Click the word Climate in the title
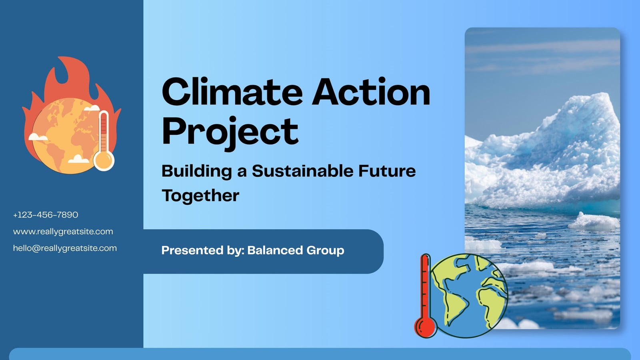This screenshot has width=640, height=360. [232, 92]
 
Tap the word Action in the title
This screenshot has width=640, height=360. [371, 92]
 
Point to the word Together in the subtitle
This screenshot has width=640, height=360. [200, 196]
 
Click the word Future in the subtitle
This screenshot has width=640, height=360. [387, 171]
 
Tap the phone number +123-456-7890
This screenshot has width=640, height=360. [46, 215]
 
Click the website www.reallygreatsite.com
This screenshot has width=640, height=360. [63, 232]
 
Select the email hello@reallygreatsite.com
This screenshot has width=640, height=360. [65, 248]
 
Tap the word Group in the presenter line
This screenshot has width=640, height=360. [325, 250]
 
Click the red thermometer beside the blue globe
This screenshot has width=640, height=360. [426, 296]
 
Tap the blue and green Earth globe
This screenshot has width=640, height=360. [469, 296]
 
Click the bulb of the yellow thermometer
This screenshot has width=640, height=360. [104, 160]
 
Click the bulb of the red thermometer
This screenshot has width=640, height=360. [426, 327]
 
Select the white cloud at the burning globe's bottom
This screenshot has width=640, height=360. [78, 159]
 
